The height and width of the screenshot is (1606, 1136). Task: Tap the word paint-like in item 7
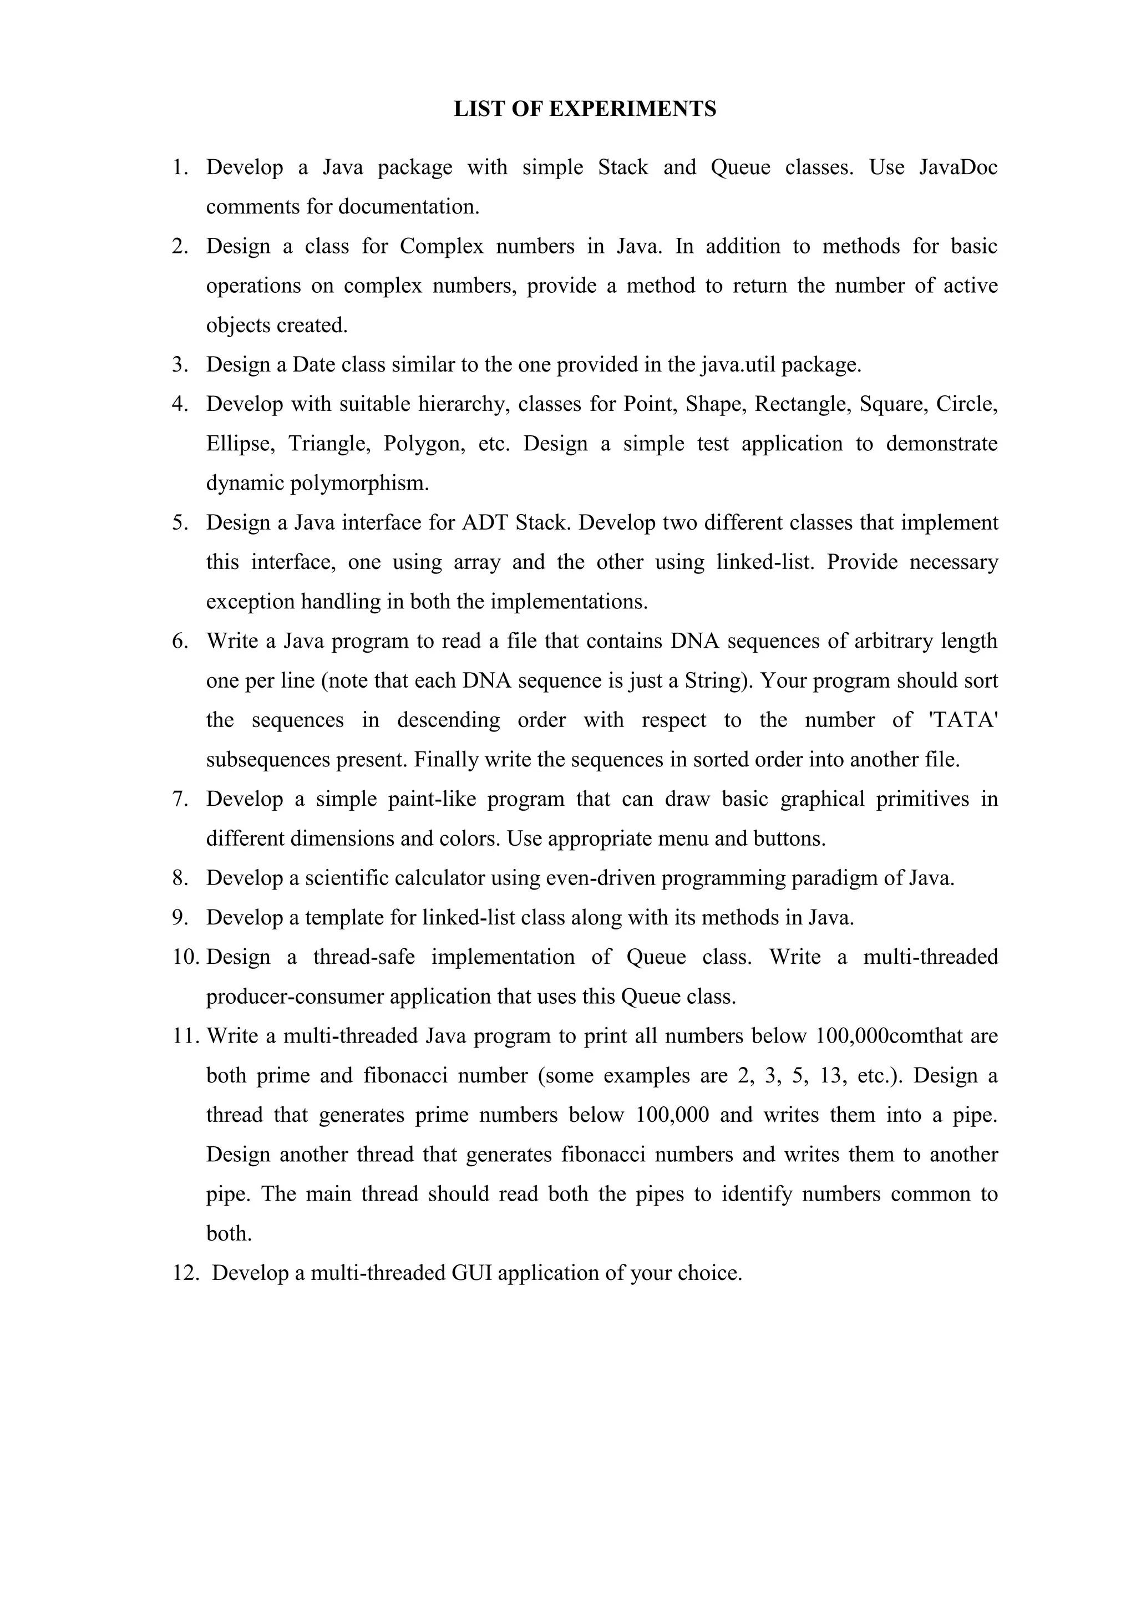point(432,800)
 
